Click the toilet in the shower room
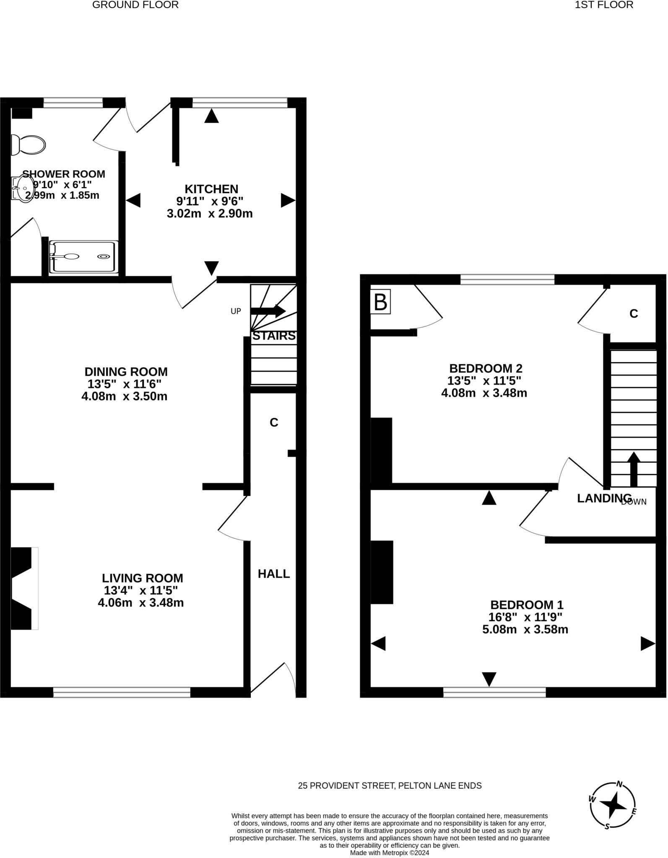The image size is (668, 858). pyautogui.click(x=29, y=145)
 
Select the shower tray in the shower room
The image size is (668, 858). pyautogui.click(x=83, y=257)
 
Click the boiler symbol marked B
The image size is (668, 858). pyautogui.click(x=380, y=302)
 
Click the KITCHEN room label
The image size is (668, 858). pyautogui.click(x=211, y=189)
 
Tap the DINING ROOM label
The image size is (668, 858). pyautogui.click(x=126, y=372)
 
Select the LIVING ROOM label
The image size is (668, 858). pyautogui.click(x=143, y=578)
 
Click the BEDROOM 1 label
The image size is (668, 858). pyautogui.click(x=527, y=605)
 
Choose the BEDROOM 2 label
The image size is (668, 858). pyautogui.click(x=486, y=369)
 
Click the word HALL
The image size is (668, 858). pyautogui.click(x=274, y=574)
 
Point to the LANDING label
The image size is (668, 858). pyautogui.click(x=604, y=499)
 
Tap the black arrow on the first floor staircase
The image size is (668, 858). pyautogui.click(x=633, y=469)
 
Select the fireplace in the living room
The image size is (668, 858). pyautogui.click(x=23, y=588)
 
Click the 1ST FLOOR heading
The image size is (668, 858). pyautogui.click(x=604, y=5)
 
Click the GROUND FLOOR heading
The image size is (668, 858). pyautogui.click(x=135, y=5)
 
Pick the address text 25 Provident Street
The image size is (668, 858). pyautogui.click(x=390, y=786)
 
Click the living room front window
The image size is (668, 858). pyautogui.click(x=122, y=692)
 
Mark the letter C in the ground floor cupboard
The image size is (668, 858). pyautogui.click(x=274, y=423)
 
